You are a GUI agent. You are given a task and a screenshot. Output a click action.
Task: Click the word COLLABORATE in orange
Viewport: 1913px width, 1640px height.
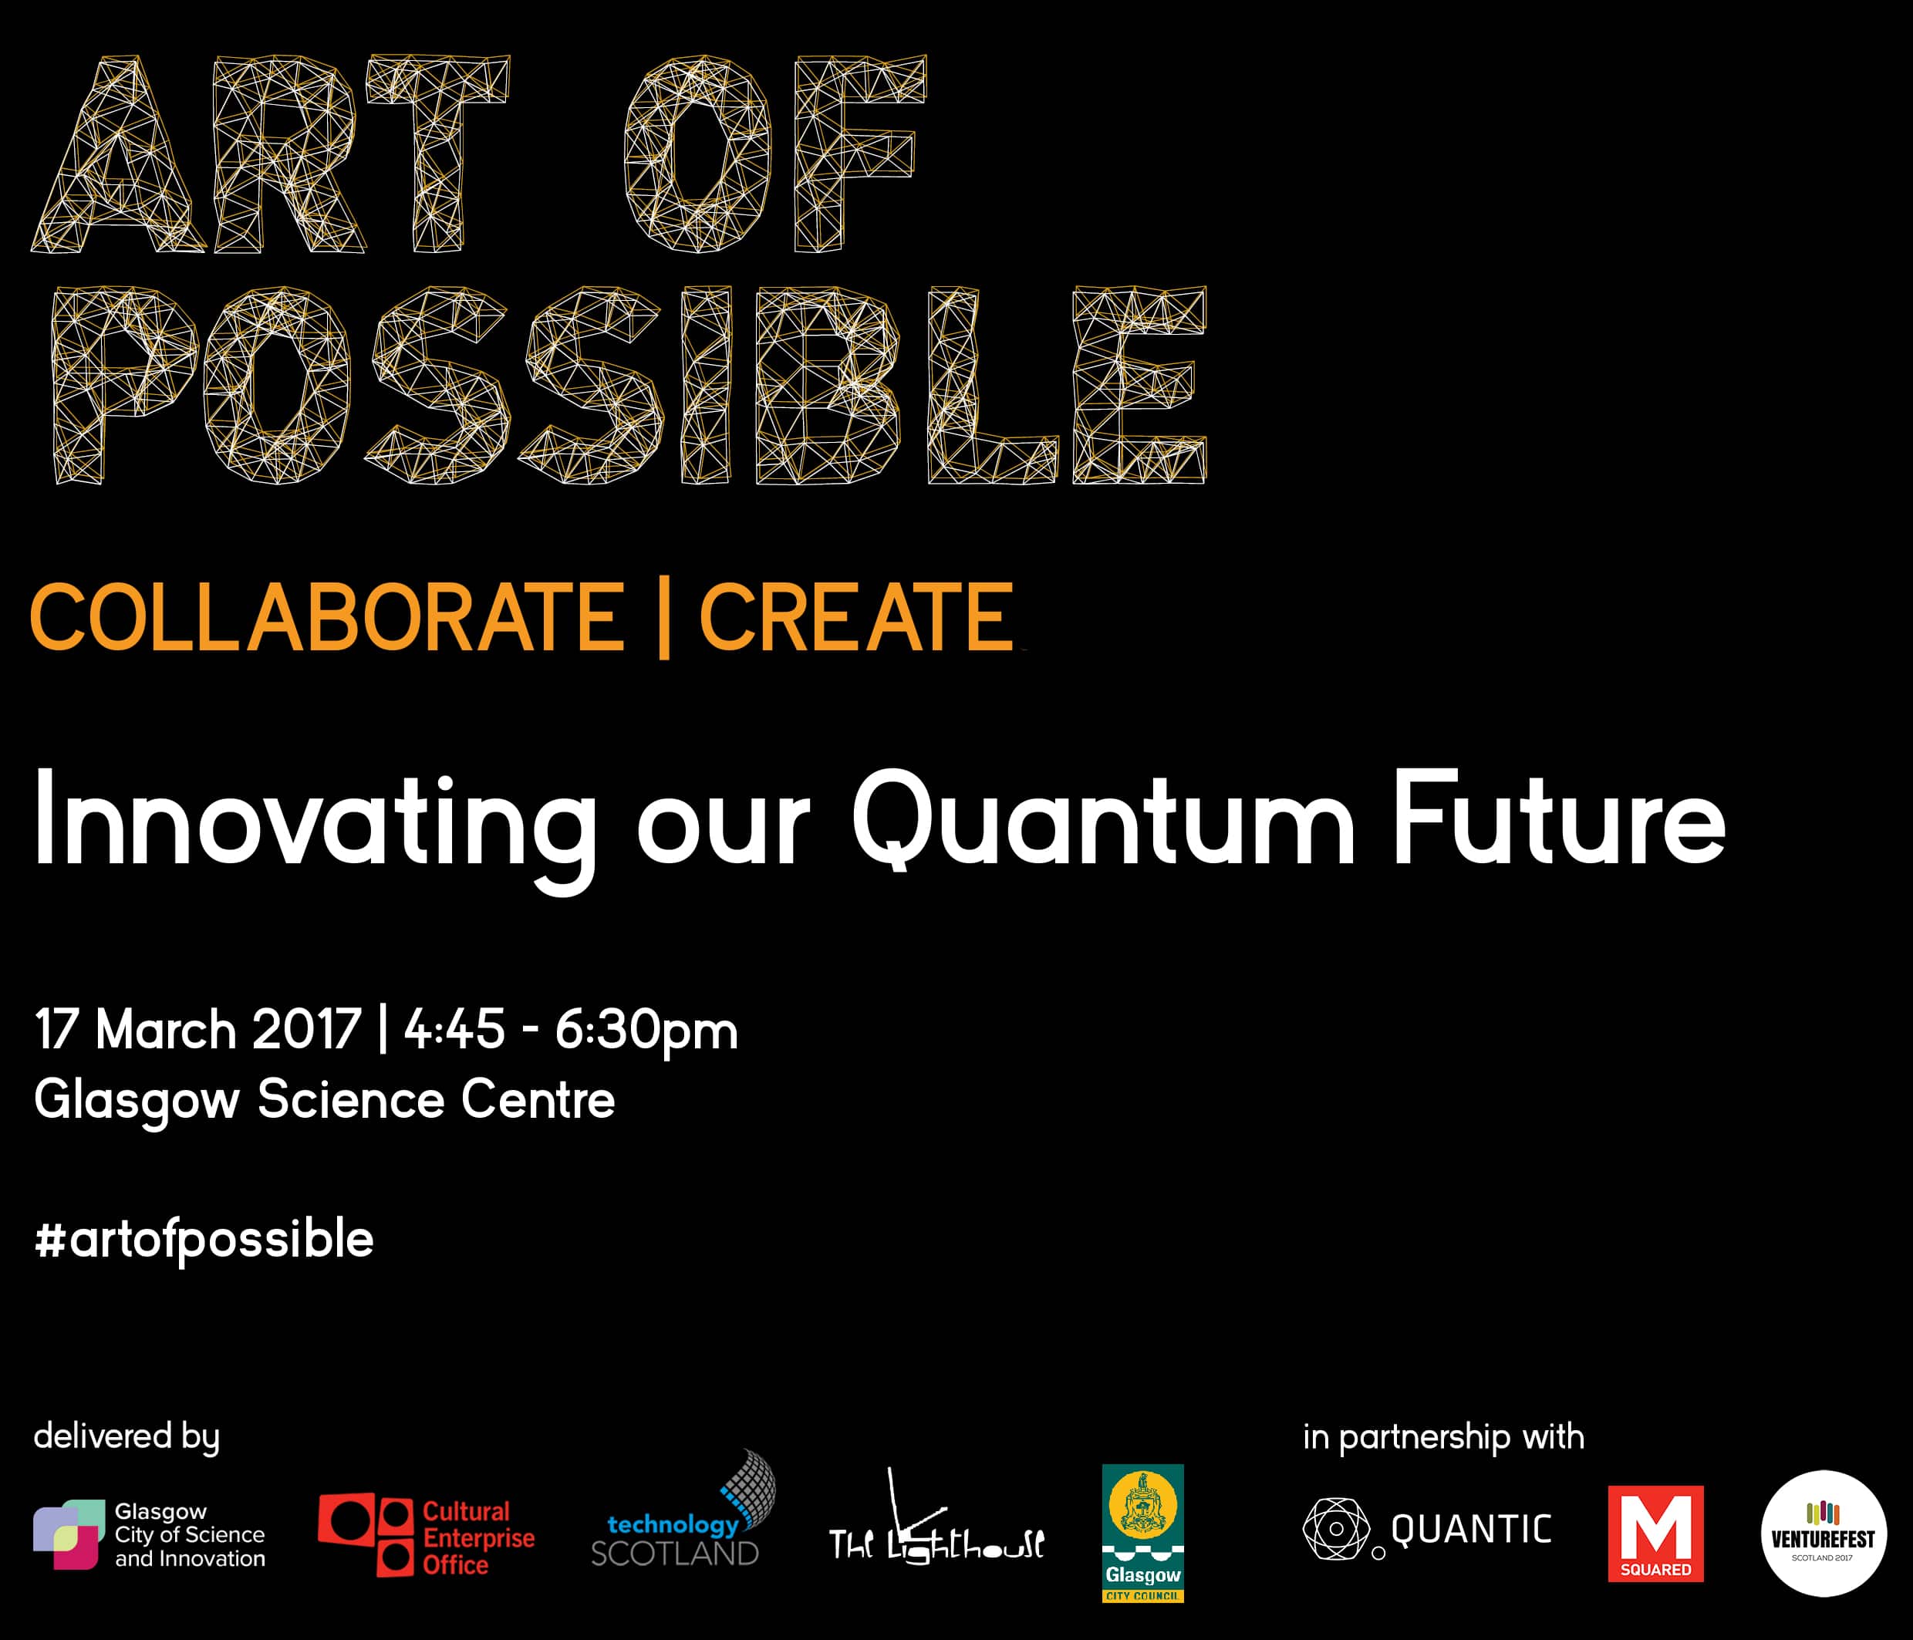pos(328,617)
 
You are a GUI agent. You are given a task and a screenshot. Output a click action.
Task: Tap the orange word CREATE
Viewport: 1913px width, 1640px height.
pos(857,617)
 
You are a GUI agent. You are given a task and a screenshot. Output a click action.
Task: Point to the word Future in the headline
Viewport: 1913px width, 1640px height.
pos(1558,819)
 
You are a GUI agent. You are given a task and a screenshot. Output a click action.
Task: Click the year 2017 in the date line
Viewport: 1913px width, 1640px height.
pos(305,1029)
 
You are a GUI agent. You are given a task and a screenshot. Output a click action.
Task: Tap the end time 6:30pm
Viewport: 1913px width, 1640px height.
pos(646,1032)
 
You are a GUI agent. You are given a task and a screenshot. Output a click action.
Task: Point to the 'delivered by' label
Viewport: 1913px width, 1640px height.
pos(127,1438)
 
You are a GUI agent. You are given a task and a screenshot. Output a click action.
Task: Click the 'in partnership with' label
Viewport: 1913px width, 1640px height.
pos(1443,1438)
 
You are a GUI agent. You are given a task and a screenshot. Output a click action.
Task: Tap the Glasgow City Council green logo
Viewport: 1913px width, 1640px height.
pos(1143,1533)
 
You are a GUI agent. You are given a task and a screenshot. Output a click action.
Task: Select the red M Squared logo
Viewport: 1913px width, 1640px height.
pos(1655,1534)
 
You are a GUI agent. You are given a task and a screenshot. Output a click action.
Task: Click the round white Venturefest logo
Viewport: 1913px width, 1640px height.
pos(1824,1534)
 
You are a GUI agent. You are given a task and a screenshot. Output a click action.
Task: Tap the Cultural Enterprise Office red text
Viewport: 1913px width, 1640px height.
pos(478,1538)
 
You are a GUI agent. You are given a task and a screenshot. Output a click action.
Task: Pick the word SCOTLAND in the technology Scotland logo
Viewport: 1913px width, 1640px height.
pos(674,1554)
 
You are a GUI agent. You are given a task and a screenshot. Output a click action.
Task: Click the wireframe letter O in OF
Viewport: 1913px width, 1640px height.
pos(698,154)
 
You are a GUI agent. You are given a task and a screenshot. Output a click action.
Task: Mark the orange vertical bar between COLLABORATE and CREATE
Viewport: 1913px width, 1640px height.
pos(663,617)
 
